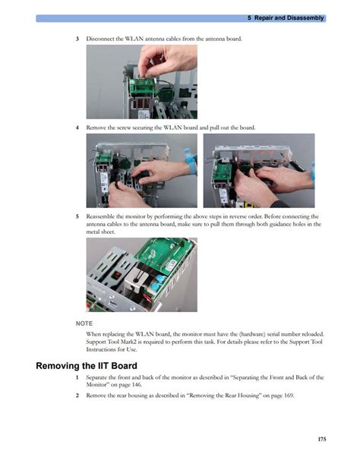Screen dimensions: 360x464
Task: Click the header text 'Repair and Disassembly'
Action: click(289, 18)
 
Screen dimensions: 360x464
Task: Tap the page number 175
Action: click(322, 439)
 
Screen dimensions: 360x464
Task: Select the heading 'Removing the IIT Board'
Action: click(87, 366)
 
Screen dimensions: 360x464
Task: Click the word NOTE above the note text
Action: click(84, 324)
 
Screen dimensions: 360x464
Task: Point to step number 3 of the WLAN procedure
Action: click(77, 39)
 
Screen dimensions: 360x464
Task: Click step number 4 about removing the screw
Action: click(77, 128)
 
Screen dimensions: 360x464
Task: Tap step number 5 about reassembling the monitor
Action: click(77, 216)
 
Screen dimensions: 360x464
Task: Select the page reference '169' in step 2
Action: click(288, 396)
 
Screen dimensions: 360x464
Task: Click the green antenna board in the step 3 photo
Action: click(142, 87)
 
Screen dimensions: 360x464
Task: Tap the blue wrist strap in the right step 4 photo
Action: click(312, 172)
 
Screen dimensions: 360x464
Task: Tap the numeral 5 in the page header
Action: click(250, 18)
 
